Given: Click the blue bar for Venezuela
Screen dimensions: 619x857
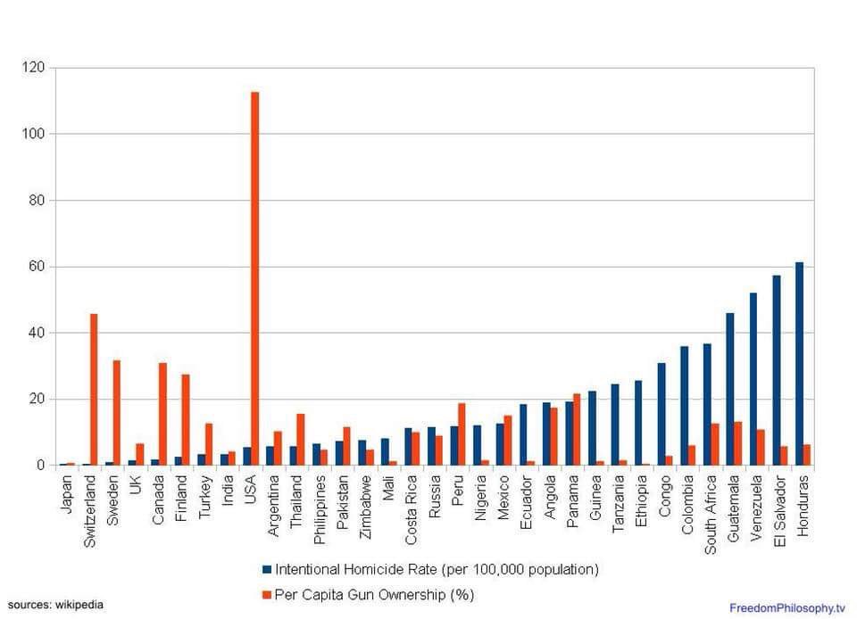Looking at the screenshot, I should coord(753,379).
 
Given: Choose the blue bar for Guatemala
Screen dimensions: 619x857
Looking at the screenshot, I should coord(730,389).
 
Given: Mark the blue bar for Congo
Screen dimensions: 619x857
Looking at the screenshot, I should coord(661,414).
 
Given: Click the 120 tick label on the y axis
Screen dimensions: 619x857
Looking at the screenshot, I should coord(33,68).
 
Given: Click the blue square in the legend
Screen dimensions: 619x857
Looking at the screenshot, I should coord(267,569).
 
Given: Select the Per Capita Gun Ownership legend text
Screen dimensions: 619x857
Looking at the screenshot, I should coord(374,594).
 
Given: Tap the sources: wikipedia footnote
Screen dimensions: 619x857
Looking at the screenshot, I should coord(55,605).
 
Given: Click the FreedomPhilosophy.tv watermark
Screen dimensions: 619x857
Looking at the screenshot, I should coord(786,607).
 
